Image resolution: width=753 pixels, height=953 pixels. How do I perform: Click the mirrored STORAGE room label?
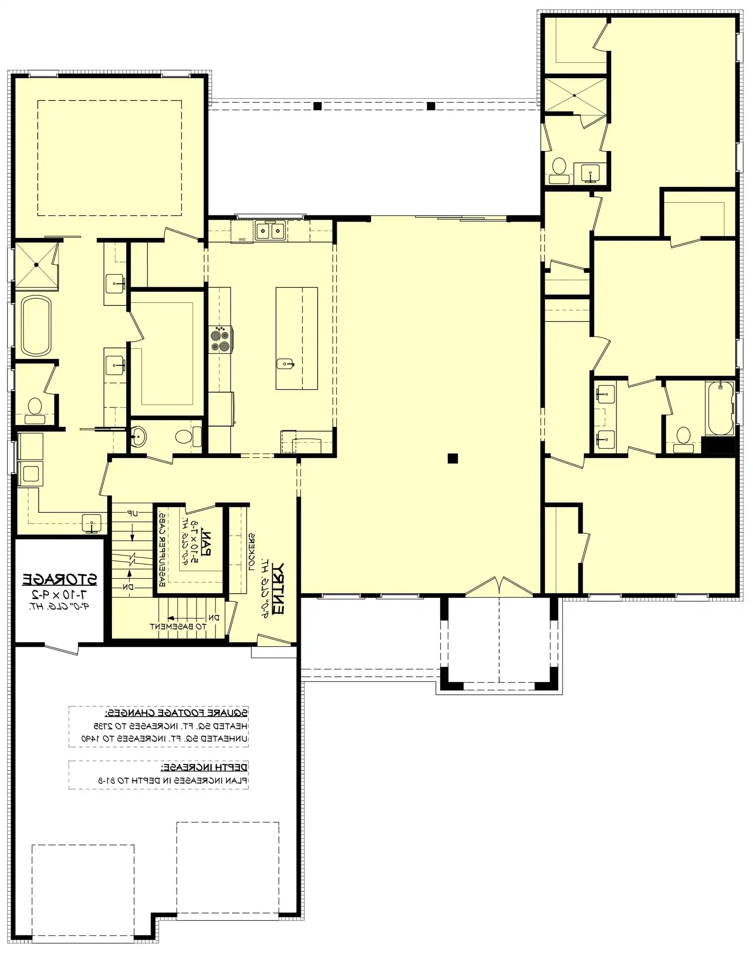pos(60,579)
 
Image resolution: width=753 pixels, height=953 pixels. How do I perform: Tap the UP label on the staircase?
pos(132,514)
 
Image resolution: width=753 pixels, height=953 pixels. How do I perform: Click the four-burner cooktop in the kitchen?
pos(220,339)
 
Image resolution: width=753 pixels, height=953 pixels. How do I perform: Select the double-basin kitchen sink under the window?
pos(270,231)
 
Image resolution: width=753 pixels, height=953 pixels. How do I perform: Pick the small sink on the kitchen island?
pos(285,365)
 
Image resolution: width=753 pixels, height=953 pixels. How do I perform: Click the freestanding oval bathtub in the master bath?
pos(36,325)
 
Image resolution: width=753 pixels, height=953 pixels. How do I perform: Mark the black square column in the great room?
pos(453,458)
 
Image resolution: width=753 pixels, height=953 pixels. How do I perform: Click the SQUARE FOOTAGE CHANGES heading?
pos(176,713)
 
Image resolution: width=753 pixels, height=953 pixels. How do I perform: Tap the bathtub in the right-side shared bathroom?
pos(720,408)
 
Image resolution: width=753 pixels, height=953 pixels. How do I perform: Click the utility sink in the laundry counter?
pos(91,523)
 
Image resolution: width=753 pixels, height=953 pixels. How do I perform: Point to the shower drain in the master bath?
pos(36,265)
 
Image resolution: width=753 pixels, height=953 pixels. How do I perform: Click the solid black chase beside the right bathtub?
pos(720,446)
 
